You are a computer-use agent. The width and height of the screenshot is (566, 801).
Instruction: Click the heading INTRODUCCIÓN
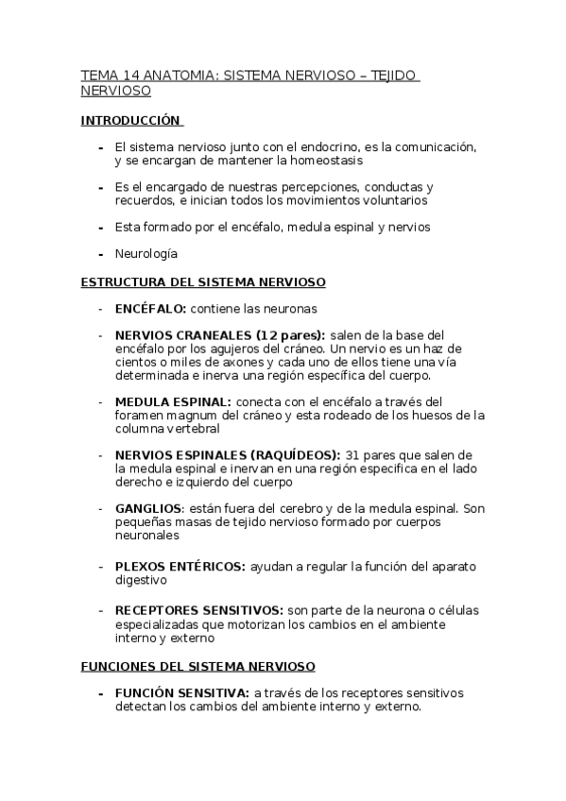pyautogui.click(x=130, y=121)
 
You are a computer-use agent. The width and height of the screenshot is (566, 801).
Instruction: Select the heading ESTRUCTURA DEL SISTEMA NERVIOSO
pyautogui.click(x=203, y=282)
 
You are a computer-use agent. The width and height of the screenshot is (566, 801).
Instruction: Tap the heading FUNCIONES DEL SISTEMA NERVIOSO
pyautogui.click(x=197, y=667)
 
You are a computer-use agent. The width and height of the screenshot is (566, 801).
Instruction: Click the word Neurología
pyautogui.click(x=146, y=254)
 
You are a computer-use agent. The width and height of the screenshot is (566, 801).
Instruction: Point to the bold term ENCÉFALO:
pyautogui.click(x=149, y=309)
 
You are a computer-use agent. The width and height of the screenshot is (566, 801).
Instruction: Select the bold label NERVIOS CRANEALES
pyautogui.click(x=182, y=335)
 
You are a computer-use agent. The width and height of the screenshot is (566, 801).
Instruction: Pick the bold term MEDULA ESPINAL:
pyautogui.click(x=172, y=401)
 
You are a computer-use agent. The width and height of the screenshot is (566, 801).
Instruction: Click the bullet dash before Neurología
pyautogui.click(x=100, y=254)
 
